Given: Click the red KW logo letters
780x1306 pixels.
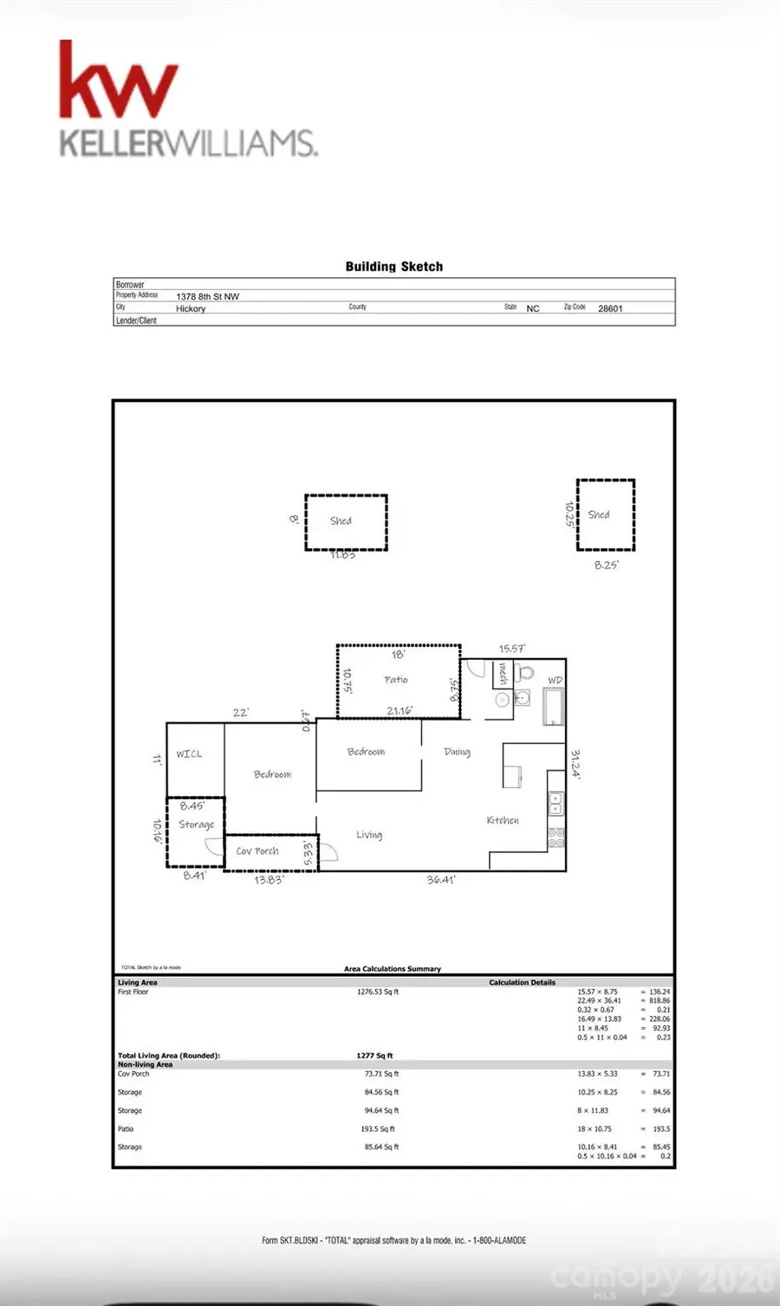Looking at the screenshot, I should pos(119,80).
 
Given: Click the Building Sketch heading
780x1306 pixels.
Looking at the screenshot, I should pos(393,267).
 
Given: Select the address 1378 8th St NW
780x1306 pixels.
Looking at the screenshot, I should pos(207,296).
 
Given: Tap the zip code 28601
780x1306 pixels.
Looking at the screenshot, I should pos(610,308).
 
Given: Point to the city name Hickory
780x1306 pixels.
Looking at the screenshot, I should pos(191,308).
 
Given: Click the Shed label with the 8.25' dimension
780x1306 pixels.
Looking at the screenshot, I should pos(599,514).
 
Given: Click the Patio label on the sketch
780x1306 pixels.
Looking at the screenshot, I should pos(396,680).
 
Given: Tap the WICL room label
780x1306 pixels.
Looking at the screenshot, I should pos(189,753).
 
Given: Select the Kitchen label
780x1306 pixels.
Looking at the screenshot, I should pos(503,820).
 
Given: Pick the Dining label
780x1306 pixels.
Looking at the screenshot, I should pos(457,752).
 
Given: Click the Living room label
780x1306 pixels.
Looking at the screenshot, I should pos(369,835).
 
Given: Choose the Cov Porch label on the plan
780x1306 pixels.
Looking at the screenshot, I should pos(257,851).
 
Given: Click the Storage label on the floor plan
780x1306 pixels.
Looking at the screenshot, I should pos(196,824).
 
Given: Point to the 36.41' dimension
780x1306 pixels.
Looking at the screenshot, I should pos(441,880).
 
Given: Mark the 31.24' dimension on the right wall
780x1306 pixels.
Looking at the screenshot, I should pos(575,765).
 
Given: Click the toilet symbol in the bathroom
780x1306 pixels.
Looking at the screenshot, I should pos(526,673).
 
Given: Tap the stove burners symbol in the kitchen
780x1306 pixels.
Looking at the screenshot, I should pos(556,837).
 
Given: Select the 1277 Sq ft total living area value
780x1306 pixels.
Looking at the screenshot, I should pos(374,1056).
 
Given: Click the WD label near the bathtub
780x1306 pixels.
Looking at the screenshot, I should pos(555,680).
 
